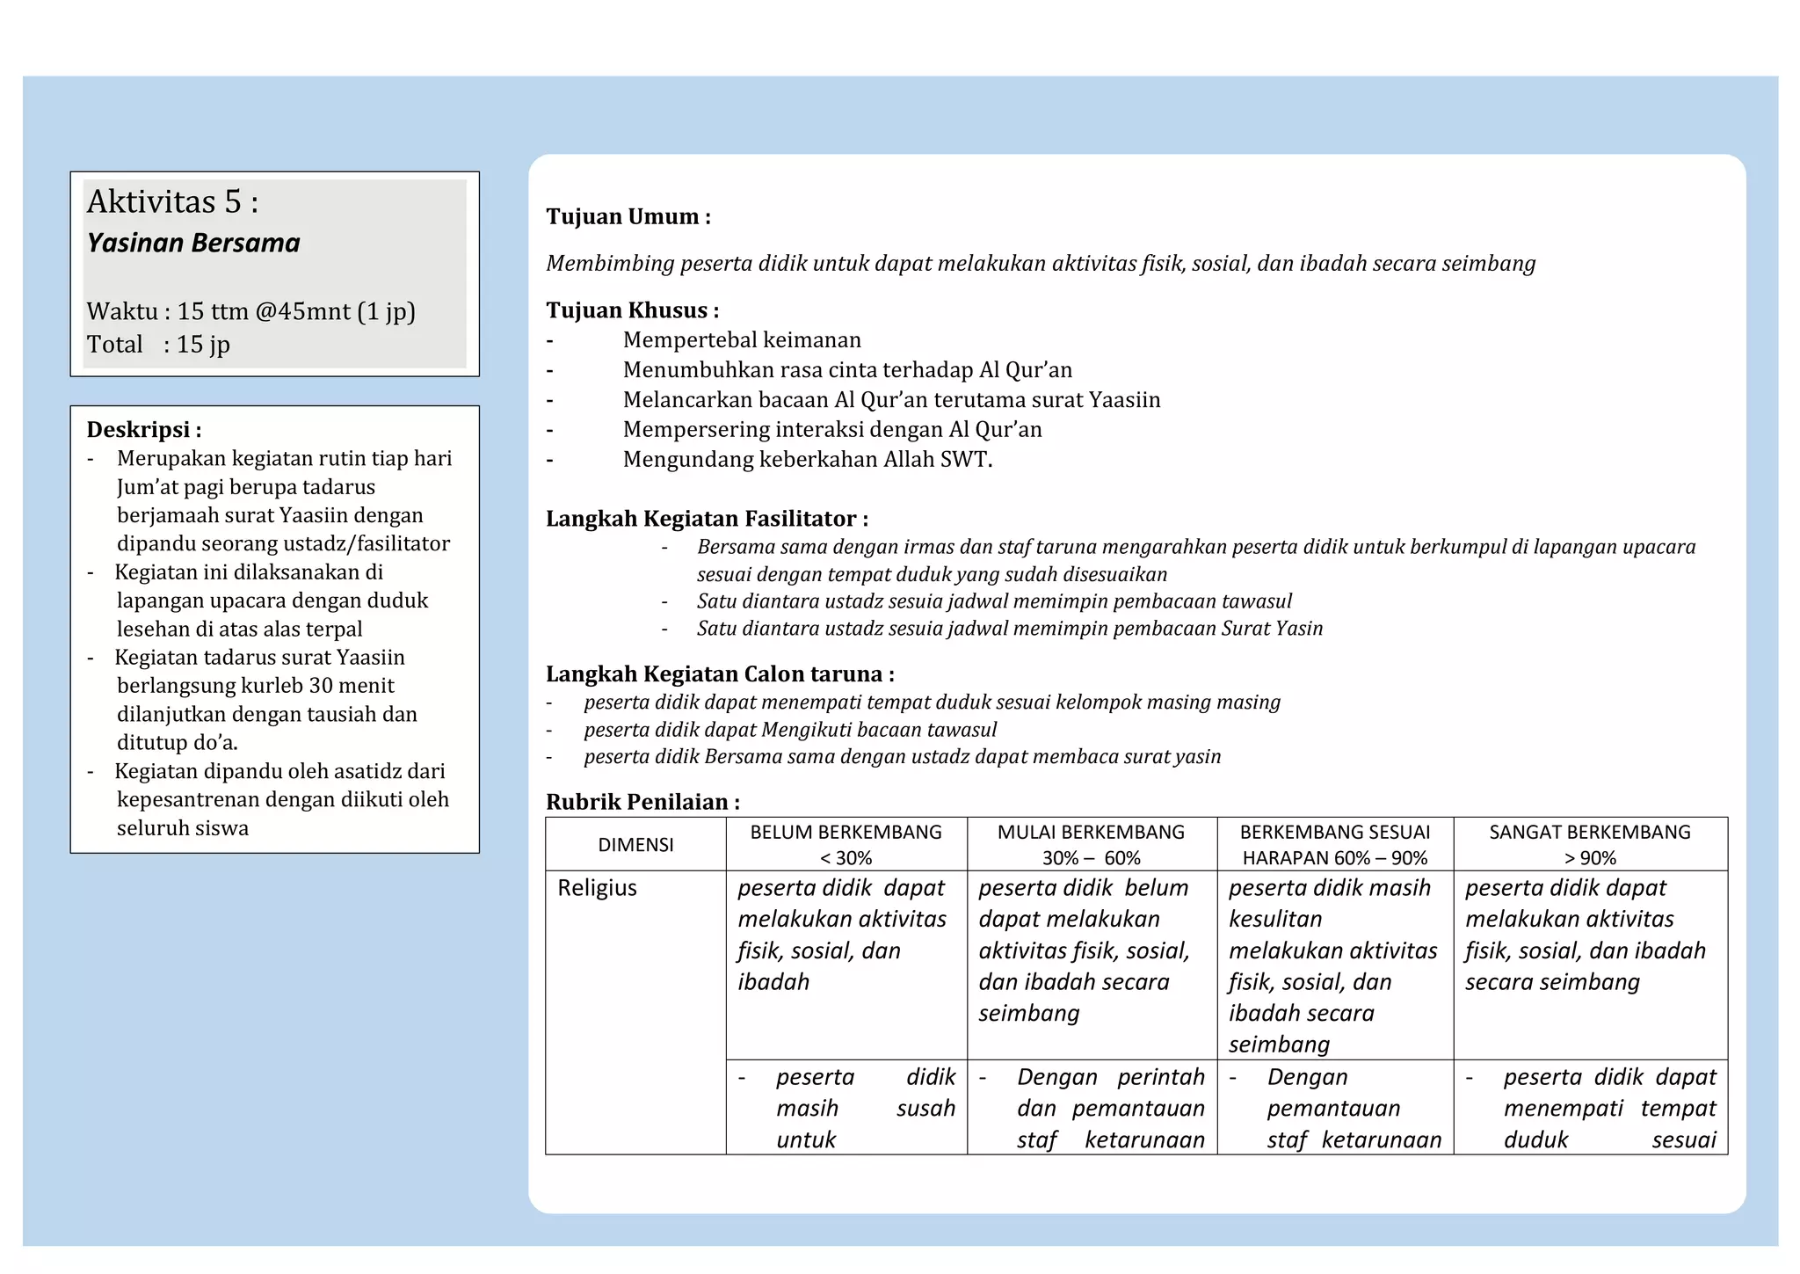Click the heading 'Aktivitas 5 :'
tap(172, 202)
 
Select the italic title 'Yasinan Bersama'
tap(193, 244)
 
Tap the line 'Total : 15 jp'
tap(158, 345)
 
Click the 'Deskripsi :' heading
tap(144, 430)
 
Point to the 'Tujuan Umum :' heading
tap(628, 216)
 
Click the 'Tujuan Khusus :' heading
tap(632, 310)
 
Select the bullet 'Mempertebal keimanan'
tap(742, 340)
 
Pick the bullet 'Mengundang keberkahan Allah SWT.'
tap(807, 460)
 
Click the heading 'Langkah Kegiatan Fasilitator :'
tap(707, 519)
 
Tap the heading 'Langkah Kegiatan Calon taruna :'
tap(720, 674)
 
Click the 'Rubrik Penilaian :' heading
tap(642, 802)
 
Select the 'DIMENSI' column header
tap(635, 845)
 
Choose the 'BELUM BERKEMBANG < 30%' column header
tap(846, 844)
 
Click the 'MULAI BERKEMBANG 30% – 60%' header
tap(1091, 844)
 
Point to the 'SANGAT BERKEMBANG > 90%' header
tap(1589, 844)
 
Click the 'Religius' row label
tap(597, 888)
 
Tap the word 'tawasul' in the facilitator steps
tap(1258, 601)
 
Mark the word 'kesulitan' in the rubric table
tap(1274, 920)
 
